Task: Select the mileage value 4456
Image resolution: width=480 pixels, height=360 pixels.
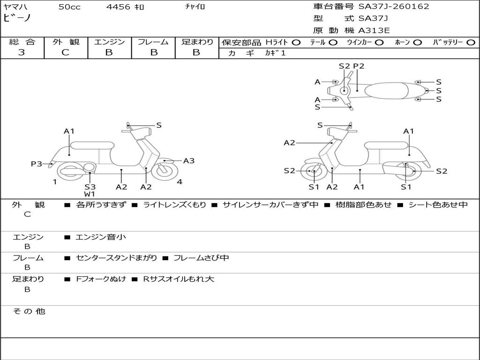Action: [x=119, y=7]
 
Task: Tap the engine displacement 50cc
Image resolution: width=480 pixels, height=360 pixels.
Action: [x=69, y=7]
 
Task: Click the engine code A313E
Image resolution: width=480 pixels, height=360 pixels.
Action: [x=374, y=31]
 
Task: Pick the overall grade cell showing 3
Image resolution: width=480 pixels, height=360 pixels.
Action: [x=22, y=52]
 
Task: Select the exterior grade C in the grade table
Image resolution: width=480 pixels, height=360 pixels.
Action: [x=66, y=52]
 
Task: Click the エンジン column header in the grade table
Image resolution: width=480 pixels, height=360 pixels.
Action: [x=109, y=42]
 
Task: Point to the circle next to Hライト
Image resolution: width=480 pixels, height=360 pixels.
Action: [x=296, y=42]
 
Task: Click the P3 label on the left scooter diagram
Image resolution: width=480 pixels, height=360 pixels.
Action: [x=37, y=164]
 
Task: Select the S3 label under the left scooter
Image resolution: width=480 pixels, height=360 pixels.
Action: [x=90, y=187]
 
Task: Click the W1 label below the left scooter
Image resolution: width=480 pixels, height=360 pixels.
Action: [x=90, y=194]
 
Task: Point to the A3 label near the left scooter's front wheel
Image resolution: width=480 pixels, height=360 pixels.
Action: [x=189, y=161]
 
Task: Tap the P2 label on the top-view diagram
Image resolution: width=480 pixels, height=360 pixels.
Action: [x=359, y=66]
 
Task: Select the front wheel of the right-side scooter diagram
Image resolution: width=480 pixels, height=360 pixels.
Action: [x=313, y=172]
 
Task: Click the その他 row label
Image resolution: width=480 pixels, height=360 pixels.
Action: [x=29, y=311]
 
